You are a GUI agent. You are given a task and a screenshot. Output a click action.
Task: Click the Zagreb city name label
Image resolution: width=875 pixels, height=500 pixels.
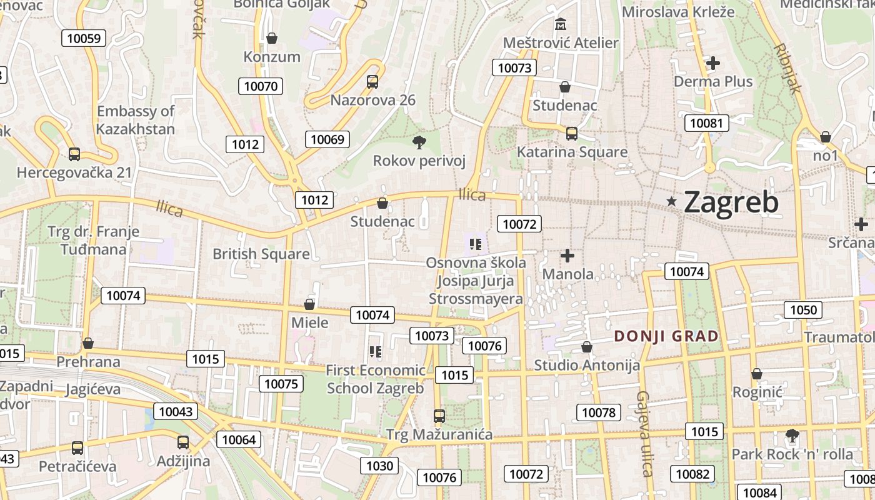[x=731, y=202]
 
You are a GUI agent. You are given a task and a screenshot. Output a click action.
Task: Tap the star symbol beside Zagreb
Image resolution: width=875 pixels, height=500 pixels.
[x=672, y=201]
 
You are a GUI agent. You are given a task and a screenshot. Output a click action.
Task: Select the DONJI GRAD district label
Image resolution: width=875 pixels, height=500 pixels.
[x=666, y=336]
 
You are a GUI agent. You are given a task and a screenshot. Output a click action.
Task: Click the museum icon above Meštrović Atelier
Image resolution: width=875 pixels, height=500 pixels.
[x=561, y=24]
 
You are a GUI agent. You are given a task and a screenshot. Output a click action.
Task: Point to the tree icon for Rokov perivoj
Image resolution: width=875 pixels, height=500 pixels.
[x=419, y=142]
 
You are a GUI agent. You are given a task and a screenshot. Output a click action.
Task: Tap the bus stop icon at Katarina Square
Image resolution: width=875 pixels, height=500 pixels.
[x=571, y=133]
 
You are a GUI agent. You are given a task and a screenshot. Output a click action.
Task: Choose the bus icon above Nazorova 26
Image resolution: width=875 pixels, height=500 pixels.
[x=372, y=81]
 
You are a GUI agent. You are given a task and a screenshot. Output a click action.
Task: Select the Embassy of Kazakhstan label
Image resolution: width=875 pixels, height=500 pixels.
[x=136, y=120]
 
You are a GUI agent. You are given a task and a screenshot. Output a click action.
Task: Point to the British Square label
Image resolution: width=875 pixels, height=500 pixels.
[x=261, y=254]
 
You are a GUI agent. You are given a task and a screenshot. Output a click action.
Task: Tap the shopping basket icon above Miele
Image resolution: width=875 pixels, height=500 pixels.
[x=309, y=304]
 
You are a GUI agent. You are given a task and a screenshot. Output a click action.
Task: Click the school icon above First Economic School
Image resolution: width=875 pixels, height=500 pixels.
[x=375, y=352]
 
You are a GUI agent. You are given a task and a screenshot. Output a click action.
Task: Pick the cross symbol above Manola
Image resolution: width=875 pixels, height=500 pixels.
[x=567, y=256]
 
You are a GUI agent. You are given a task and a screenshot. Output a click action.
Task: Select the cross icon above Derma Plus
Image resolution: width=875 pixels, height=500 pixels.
[x=712, y=63]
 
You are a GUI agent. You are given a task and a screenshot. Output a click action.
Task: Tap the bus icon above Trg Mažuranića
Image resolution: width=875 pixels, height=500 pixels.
[x=439, y=416]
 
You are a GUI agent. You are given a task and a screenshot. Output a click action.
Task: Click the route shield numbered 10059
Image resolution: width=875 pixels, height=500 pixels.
[x=83, y=38]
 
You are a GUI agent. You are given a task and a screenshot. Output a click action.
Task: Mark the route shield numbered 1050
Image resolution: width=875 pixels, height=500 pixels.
[x=803, y=310]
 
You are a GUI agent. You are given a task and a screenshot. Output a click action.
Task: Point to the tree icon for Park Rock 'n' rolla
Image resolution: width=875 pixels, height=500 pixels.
[x=792, y=435]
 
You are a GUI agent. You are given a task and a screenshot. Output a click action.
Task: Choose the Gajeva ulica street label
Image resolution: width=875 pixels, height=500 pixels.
[x=645, y=433]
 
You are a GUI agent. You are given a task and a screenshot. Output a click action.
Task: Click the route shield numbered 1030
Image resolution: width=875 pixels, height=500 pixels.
[x=379, y=466]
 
